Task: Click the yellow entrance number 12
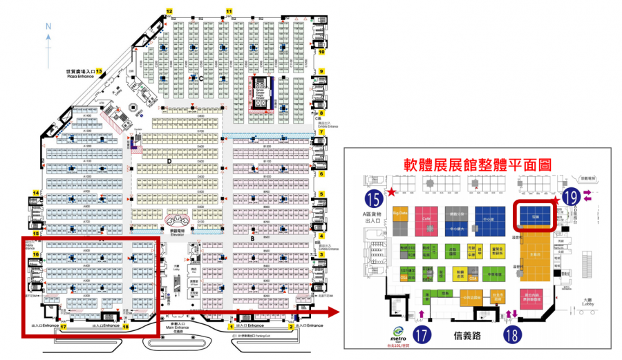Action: pos(169,11)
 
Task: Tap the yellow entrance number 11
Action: pos(230,11)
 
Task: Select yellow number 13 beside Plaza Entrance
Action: pos(99,71)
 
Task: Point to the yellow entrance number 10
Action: pos(321,51)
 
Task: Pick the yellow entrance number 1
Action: pos(230,325)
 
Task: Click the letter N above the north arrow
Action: pos(48,26)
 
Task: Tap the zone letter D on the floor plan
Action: pos(169,161)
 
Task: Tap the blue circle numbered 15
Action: pos(374,200)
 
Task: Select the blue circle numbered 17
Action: pos(422,337)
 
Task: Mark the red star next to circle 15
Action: pos(393,191)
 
